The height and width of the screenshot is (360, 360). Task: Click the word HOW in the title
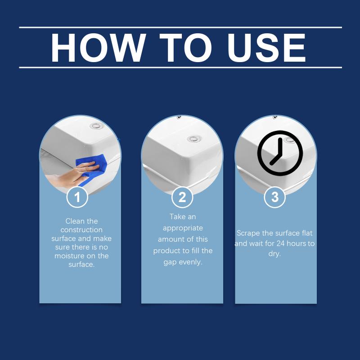click(98, 48)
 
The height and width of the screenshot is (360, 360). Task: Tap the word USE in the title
click(266, 48)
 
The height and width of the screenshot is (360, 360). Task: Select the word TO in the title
click(185, 48)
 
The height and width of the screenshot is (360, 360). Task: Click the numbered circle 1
click(77, 197)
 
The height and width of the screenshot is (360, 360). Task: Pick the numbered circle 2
click(182, 197)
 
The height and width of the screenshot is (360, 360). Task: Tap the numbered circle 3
click(275, 197)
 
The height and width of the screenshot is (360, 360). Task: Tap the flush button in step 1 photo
click(96, 126)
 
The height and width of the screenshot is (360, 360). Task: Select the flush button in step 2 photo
click(194, 139)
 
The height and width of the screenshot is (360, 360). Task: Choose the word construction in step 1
click(81, 230)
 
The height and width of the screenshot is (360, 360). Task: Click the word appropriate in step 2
click(183, 228)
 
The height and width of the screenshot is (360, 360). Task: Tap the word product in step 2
click(167, 251)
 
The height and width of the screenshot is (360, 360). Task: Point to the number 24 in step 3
click(280, 243)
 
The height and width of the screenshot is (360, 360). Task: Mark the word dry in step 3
click(274, 254)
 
